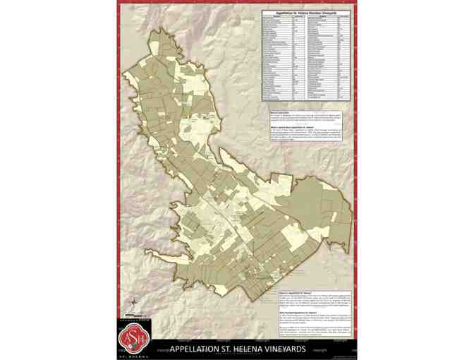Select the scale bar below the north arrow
click(x=133, y=316)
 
